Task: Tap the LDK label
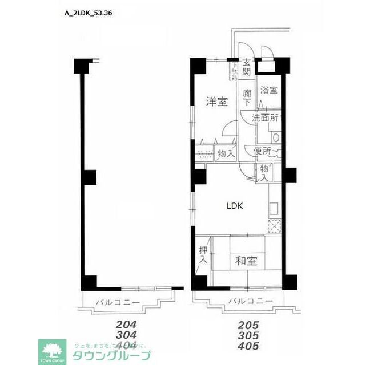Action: tap(235, 206)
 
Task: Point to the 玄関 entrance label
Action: tap(247, 67)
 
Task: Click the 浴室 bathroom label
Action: tap(269, 90)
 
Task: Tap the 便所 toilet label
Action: tap(263, 151)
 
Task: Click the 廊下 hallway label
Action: tap(247, 97)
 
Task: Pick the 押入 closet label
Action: tap(203, 254)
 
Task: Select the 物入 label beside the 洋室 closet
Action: tap(226, 153)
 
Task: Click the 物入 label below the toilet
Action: tap(264, 172)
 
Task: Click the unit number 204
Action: tap(126, 323)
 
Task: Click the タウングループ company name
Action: tap(112, 356)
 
